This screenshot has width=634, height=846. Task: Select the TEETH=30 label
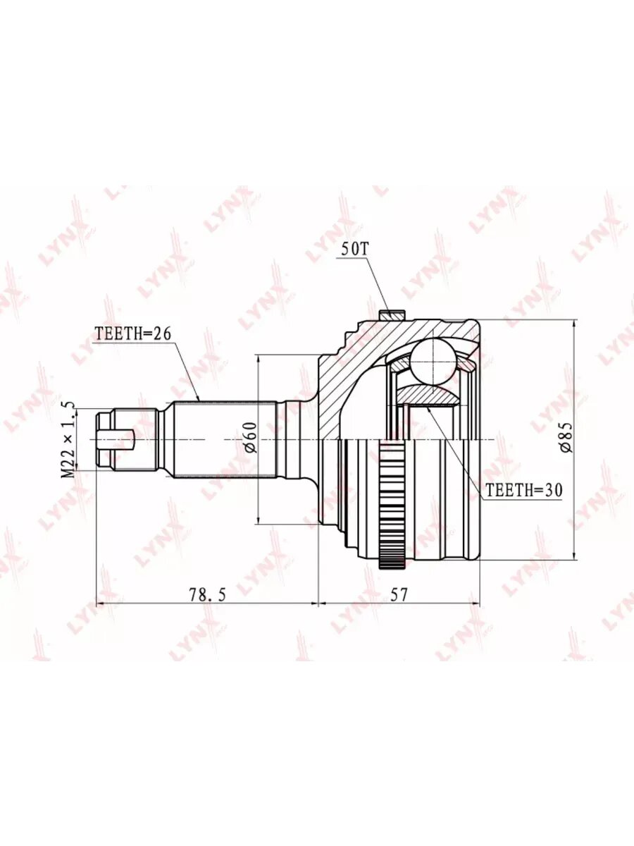pos(524,490)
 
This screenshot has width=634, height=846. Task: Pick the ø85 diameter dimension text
pos(566,438)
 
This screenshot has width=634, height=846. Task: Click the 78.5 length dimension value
pos(208,596)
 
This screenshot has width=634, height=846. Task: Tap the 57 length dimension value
pos(399,595)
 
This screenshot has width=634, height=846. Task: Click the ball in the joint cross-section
pos(434,361)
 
